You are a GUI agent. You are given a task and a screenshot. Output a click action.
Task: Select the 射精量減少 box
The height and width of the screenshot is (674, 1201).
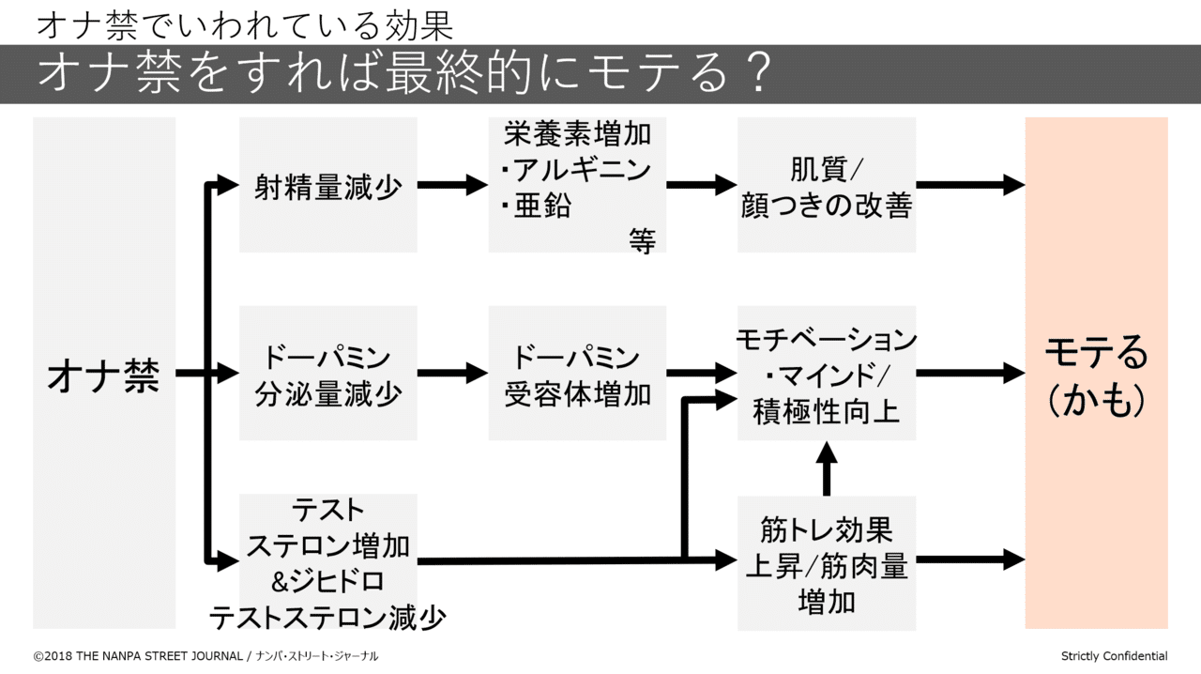327,185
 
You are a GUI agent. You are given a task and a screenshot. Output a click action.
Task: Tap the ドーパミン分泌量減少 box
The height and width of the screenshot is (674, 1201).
327,374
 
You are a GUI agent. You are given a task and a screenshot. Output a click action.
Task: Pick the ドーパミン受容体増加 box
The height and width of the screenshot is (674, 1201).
577,374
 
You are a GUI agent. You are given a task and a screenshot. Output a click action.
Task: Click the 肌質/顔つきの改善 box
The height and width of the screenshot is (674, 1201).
826,185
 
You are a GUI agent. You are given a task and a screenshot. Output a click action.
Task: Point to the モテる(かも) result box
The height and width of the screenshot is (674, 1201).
1096,373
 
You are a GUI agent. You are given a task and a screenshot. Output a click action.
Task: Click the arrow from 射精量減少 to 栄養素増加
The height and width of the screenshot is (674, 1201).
452,185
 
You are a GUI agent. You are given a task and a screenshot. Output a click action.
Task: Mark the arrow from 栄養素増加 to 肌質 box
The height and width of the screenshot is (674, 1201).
702,185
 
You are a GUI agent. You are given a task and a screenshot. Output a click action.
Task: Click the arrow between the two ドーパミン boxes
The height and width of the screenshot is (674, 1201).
452,374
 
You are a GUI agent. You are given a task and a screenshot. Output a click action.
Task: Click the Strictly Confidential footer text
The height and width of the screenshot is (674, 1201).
1114,656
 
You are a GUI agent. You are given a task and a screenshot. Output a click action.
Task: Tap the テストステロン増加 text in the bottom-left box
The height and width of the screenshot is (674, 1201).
327,545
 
